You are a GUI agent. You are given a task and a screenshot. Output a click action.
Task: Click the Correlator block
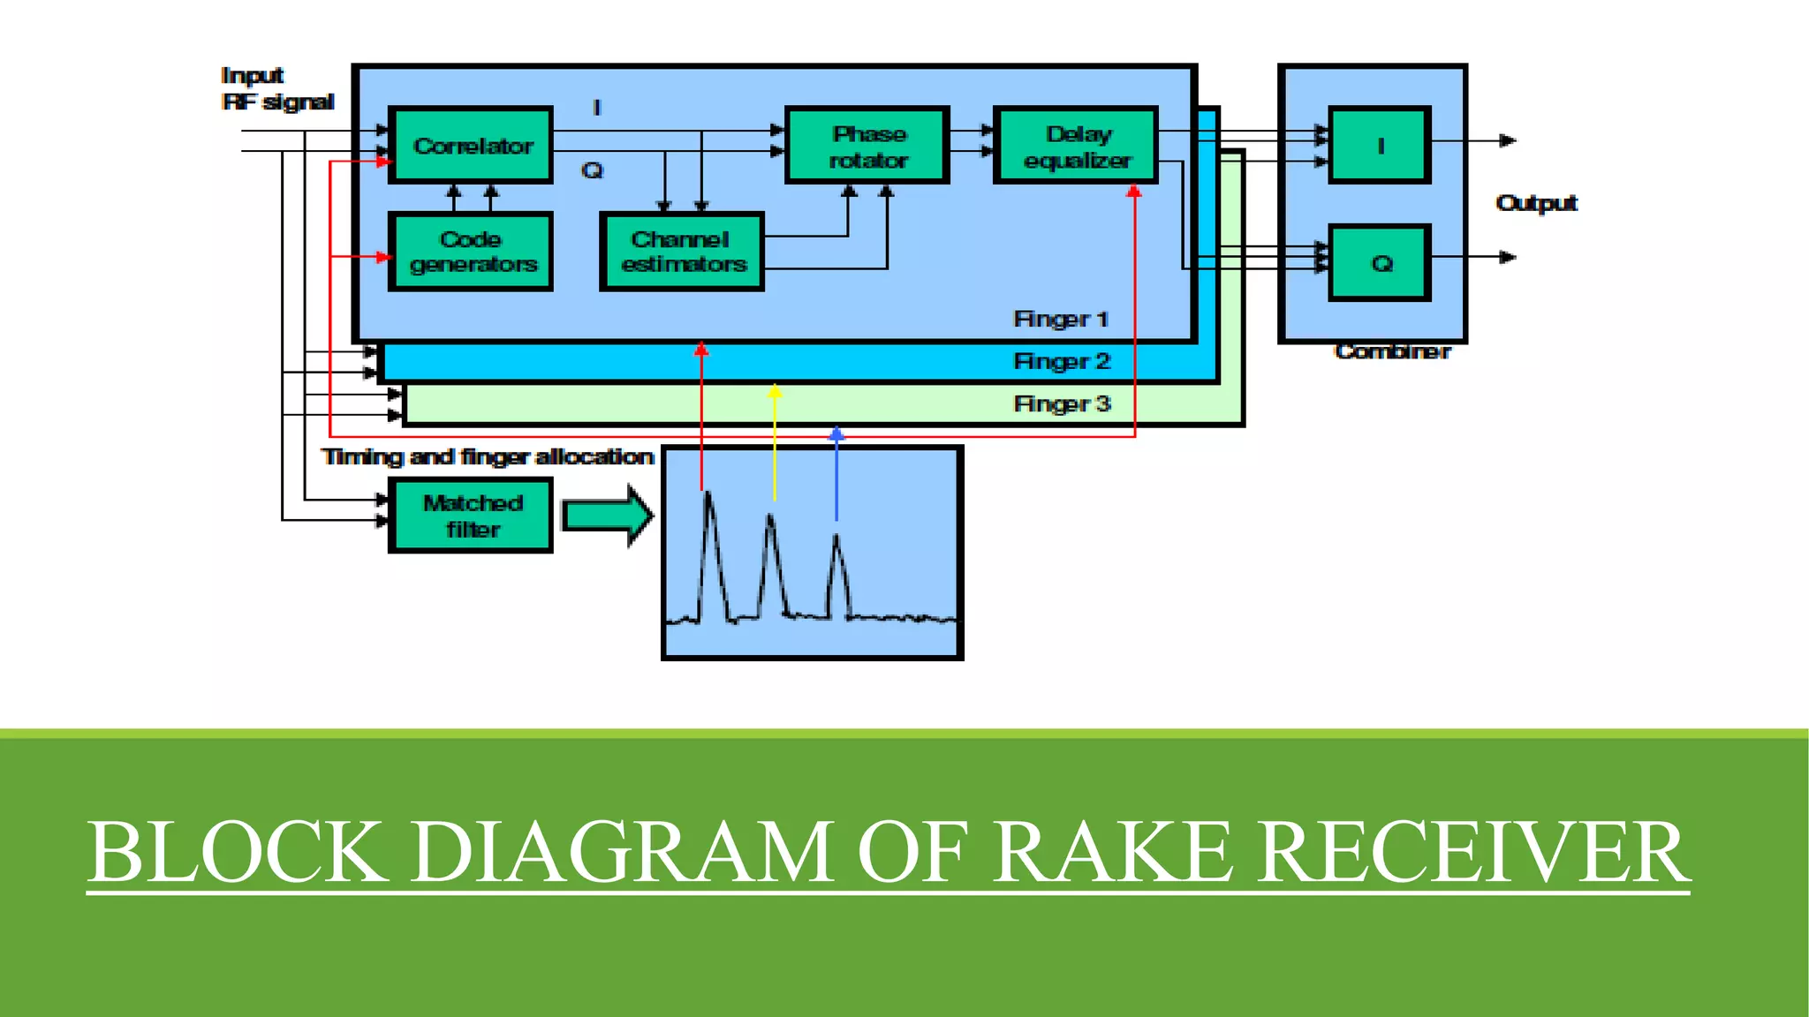pyautogui.click(x=471, y=146)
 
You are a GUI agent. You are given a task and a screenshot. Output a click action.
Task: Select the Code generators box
pyautogui.click(x=471, y=252)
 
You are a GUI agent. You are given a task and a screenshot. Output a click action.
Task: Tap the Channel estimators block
pyautogui.click(x=681, y=252)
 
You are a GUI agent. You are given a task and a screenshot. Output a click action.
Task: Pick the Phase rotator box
pyautogui.click(x=867, y=146)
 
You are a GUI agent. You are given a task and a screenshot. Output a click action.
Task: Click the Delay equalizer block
pyautogui.click(x=1076, y=146)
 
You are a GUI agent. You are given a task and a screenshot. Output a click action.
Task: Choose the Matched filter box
pyautogui.click(x=471, y=516)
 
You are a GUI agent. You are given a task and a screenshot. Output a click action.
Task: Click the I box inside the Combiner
pyautogui.click(x=1379, y=146)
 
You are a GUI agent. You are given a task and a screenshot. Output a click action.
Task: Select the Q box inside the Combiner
pyautogui.click(x=1379, y=263)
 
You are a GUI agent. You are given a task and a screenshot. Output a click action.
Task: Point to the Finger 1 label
pyautogui.click(x=1061, y=319)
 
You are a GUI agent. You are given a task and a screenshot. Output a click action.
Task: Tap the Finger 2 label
pyautogui.click(x=1061, y=361)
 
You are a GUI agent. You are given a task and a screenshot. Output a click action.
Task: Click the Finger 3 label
pyautogui.click(x=1061, y=403)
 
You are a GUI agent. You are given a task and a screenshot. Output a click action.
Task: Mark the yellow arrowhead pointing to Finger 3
pyautogui.click(x=775, y=391)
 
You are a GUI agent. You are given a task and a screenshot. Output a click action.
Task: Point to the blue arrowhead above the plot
pyautogui.click(x=836, y=433)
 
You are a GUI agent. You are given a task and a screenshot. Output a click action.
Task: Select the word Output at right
pyautogui.click(x=1536, y=203)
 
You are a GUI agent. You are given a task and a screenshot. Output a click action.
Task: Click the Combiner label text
pyautogui.click(x=1392, y=351)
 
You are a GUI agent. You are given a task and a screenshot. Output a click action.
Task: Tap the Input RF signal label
pyautogui.click(x=276, y=89)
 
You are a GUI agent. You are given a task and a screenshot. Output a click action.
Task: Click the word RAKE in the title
pyautogui.click(x=1114, y=852)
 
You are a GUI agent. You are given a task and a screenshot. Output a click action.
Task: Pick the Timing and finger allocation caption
pyautogui.click(x=487, y=456)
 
